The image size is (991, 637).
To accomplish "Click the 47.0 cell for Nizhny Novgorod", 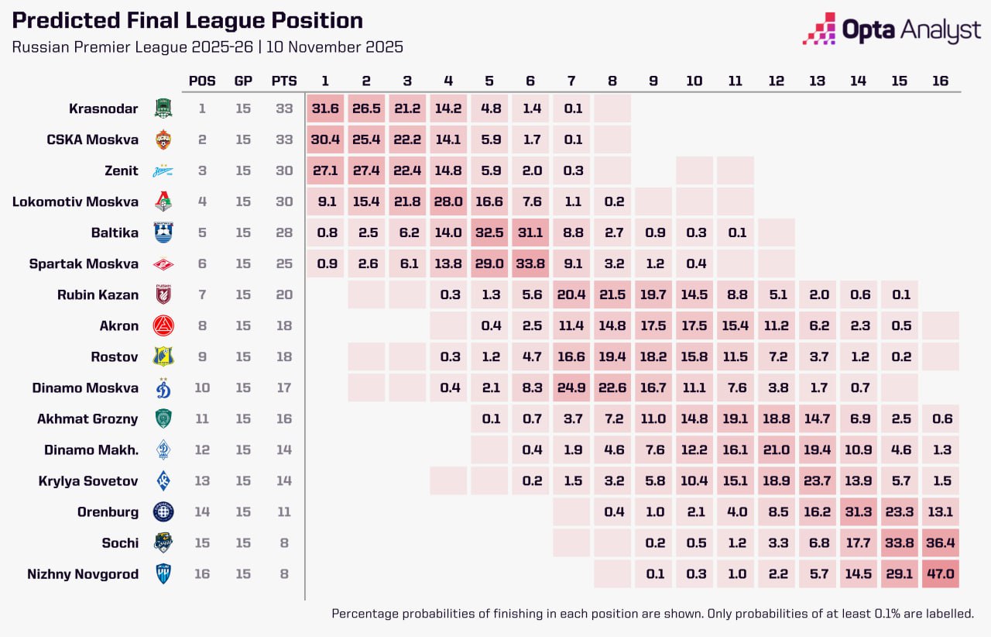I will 940,574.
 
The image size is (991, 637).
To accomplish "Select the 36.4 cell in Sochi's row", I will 940,543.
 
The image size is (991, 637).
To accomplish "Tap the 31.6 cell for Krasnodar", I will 325,108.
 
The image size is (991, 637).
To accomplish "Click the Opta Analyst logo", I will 892,29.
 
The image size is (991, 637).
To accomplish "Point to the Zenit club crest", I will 163,171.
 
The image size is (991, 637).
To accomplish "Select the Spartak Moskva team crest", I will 163,264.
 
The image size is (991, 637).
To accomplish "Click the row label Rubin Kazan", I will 98,295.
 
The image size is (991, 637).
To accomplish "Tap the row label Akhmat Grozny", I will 87,419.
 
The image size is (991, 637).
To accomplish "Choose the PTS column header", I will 284,81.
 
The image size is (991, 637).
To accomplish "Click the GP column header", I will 243,81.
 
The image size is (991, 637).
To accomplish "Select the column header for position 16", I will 940,81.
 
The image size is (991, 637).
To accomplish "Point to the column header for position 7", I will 572,81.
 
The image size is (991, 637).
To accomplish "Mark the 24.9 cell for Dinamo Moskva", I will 572,388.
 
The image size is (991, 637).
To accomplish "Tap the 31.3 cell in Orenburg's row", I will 858,512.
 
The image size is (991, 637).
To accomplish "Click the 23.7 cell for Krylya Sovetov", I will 817,481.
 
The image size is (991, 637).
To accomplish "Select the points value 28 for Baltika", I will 284,233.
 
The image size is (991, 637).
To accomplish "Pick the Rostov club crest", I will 163,357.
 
